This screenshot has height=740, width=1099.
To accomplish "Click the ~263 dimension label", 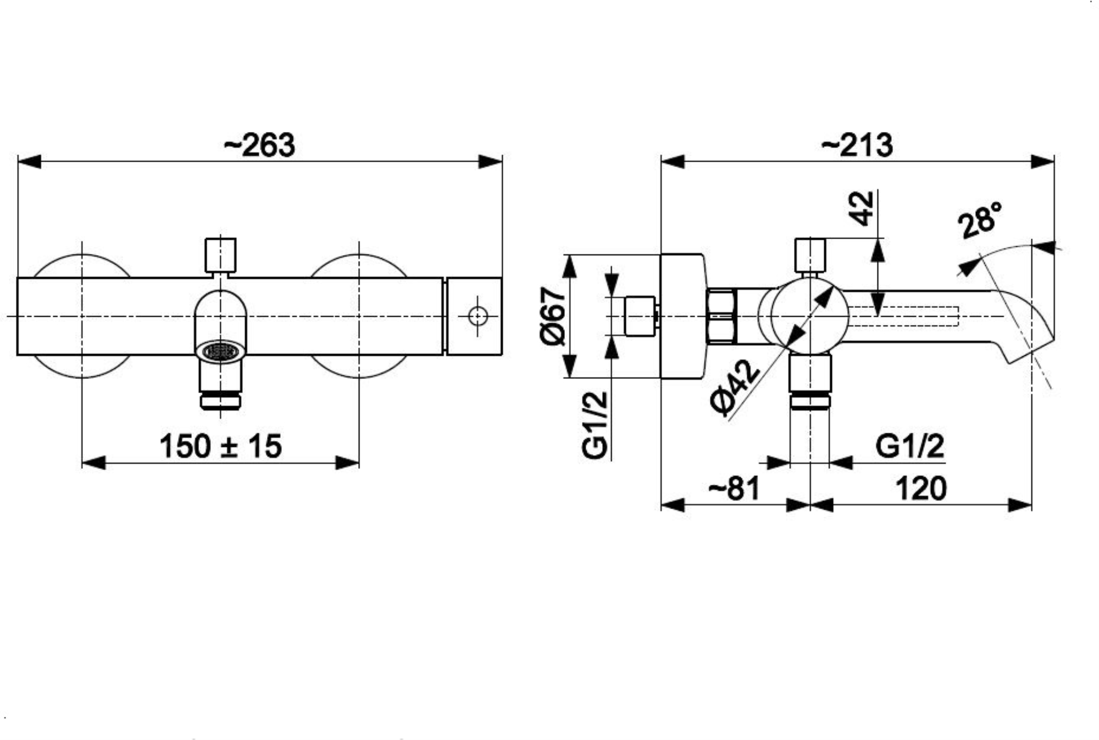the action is click(x=259, y=145).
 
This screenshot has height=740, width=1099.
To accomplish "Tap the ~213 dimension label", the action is click(x=857, y=145).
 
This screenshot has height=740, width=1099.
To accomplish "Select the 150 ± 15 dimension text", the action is click(x=220, y=446).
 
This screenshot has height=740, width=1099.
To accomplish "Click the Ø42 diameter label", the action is click(x=735, y=388).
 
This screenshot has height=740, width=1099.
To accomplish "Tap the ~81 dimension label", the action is click(x=734, y=488).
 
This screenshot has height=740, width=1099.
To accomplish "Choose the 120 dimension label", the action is click(x=921, y=488).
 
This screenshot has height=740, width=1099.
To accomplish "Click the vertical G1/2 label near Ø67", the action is click(x=596, y=426).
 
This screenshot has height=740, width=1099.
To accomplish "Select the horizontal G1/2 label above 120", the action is click(x=910, y=446).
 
